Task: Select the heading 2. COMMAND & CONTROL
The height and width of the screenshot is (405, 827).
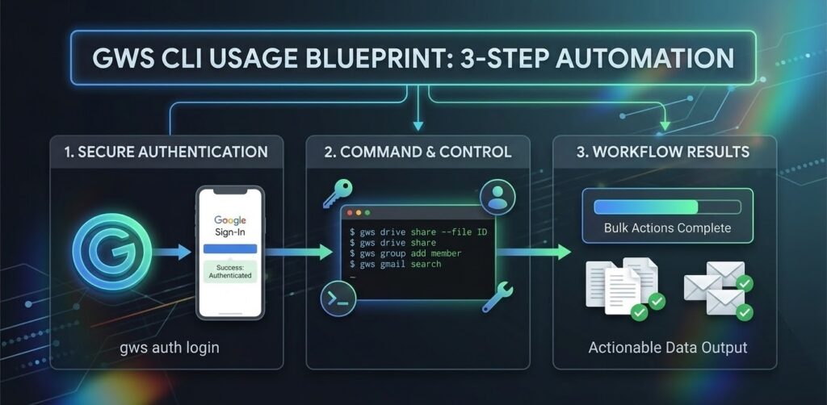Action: point(417,151)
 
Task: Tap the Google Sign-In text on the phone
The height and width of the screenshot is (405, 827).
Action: point(230,227)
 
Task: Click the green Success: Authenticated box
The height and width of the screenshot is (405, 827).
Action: point(230,270)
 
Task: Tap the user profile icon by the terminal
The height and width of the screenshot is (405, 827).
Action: point(496,196)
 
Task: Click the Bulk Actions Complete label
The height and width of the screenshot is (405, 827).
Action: point(667,228)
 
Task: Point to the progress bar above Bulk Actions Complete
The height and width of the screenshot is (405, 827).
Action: point(667,207)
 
